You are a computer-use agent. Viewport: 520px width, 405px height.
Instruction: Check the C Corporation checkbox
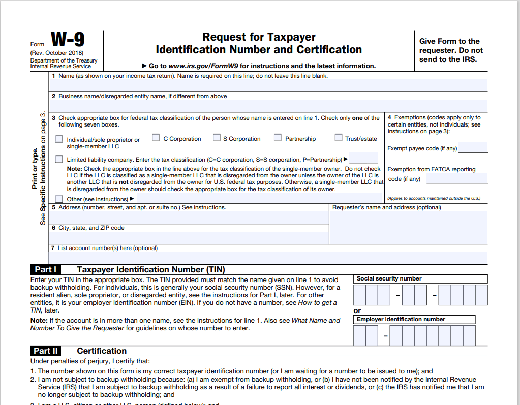coord(156,138)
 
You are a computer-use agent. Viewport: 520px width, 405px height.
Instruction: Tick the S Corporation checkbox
coord(217,138)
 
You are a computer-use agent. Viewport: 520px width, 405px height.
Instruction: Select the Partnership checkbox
coord(278,138)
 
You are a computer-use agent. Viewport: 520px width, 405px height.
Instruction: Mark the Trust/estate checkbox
coord(339,138)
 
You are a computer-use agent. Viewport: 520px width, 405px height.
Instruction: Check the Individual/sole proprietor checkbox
coord(59,139)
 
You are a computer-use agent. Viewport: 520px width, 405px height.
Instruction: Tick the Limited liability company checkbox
coord(59,159)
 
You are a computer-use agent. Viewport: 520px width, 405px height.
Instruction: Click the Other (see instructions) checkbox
coord(59,199)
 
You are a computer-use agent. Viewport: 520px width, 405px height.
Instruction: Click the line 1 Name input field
coord(268,85)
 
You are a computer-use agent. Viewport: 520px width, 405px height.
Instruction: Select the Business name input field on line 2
coord(268,105)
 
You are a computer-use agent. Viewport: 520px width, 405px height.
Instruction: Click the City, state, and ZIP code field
coord(189,237)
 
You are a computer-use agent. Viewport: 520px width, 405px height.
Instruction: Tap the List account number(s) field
coord(268,258)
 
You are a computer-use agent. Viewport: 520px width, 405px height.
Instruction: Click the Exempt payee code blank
coord(473,148)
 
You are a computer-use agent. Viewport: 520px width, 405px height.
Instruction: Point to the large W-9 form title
coord(68,40)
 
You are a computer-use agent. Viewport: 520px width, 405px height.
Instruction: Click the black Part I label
coord(45,270)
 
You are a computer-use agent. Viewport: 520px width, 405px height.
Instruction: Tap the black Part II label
coord(46,351)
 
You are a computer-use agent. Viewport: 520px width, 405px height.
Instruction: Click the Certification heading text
coord(102,351)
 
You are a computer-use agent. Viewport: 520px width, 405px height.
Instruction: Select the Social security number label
coord(389,278)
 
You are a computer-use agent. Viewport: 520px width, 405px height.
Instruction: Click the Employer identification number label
coord(401,319)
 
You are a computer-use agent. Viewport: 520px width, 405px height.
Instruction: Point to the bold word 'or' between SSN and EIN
coord(357,310)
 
